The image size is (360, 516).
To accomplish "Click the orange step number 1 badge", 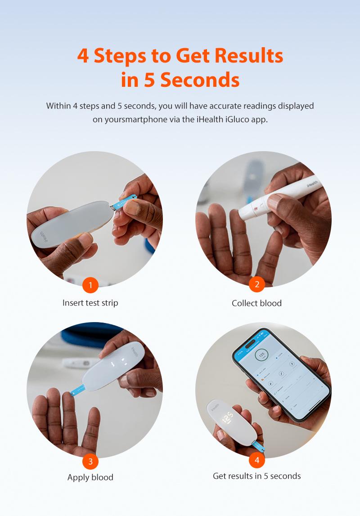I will (x=90, y=285).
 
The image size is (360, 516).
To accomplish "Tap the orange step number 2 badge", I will (x=257, y=284).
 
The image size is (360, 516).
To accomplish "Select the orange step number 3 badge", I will (x=90, y=461).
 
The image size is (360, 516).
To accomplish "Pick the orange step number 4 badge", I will (x=257, y=460).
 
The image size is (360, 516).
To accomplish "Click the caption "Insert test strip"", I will (x=90, y=303).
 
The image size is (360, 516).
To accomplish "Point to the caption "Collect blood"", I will (x=257, y=303).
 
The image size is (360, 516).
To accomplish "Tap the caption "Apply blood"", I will (x=90, y=477).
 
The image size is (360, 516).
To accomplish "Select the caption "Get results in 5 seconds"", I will (x=257, y=476).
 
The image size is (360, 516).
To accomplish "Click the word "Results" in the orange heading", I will (x=248, y=56).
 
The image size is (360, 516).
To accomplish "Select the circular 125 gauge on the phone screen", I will (x=261, y=355).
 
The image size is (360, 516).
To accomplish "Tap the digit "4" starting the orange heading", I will (x=83, y=56).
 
